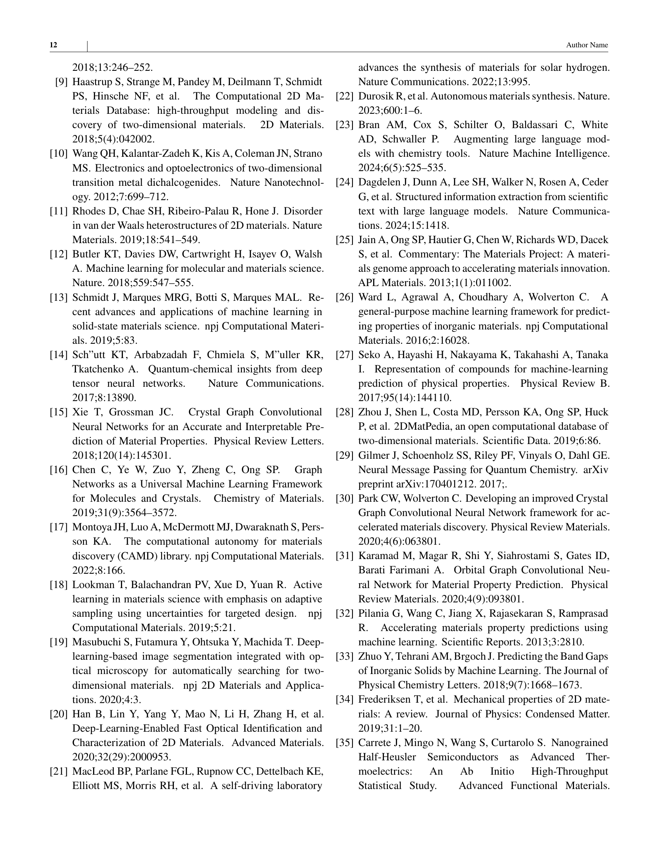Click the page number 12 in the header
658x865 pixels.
point(53,45)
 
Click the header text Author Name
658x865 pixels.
point(587,45)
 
